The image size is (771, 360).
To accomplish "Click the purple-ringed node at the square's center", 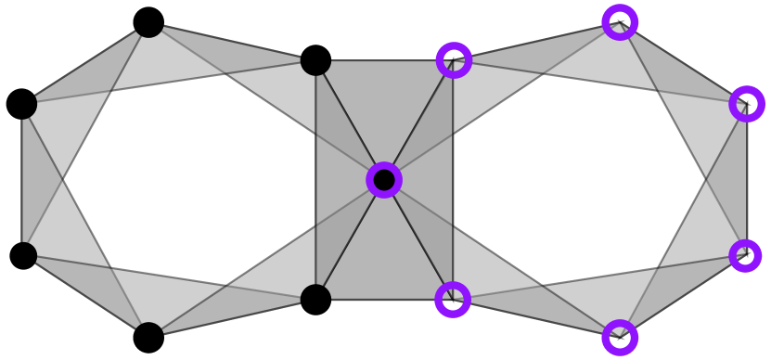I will coord(384,180).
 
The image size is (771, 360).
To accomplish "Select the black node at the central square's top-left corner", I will coord(315,61).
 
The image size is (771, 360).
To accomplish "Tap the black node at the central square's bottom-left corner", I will coord(315,299).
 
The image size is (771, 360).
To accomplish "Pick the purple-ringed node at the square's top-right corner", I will coord(454,60).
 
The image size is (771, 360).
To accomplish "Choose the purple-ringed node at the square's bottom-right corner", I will coord(453,300).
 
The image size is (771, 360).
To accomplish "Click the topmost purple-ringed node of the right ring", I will coord(620,22).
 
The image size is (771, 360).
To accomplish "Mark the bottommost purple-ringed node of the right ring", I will coord(620,338).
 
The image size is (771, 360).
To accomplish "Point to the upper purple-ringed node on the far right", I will coord(747,104).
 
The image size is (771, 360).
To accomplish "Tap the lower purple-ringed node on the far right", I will coord(745,255).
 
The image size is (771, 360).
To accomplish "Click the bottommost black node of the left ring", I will coord(148,336).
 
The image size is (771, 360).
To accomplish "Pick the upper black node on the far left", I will coord(23,105).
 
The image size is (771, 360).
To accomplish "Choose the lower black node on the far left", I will coord(23,255).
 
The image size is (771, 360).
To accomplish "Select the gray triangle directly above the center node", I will coord(384,102).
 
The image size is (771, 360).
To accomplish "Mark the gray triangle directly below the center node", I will coord(384,260).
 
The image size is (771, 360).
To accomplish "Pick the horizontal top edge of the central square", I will coord(384,61).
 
